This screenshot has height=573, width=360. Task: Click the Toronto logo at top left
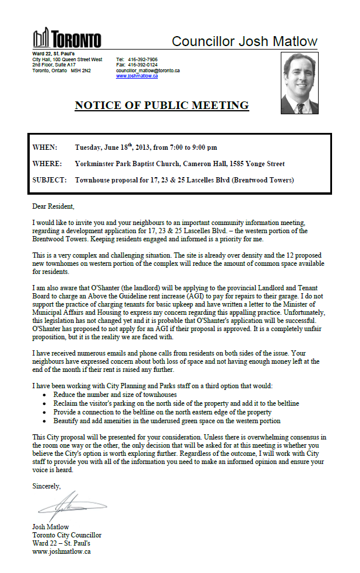67,38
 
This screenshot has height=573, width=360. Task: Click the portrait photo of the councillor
299,83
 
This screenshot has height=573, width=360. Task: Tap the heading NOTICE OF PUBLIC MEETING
161,106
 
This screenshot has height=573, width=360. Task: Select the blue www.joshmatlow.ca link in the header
137,76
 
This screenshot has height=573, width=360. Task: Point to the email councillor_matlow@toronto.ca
147,71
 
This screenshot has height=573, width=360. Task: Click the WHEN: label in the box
45,147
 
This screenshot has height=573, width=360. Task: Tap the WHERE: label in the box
47,164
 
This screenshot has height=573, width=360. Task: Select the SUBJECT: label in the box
50,180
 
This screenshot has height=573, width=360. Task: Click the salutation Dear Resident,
54,206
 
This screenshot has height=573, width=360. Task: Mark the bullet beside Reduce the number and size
46,395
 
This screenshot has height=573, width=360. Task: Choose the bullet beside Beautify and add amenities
46,420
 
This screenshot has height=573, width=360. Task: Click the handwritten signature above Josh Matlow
73,506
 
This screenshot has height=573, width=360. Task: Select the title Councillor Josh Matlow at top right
245,41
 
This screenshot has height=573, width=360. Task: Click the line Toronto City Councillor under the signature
67,535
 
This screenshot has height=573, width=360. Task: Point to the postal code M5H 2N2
81,71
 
